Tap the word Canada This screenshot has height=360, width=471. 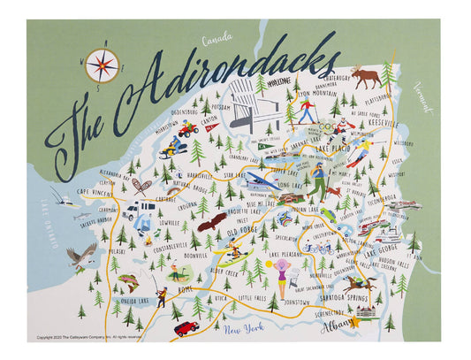pos(217,39)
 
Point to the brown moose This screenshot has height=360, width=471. pos(365,76)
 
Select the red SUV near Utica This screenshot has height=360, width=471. pos(186,328)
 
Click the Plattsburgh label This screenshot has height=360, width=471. pos(378,90)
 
